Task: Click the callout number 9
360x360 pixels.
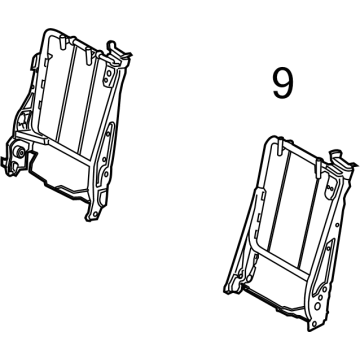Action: pos(283,84)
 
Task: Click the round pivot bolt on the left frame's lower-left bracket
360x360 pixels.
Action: pos(20,152)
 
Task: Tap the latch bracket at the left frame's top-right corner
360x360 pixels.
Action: pos(118,51)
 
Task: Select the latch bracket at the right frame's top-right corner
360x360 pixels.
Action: pos(342,161)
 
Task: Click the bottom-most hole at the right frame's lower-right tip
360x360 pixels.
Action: pos(314,323)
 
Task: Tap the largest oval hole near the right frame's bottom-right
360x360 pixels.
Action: pos(318,305)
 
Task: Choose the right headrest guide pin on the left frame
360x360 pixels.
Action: pos(88,55)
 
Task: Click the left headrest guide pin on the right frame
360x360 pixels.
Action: pos(280,147)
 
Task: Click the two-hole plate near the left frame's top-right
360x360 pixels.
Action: pos(107,76)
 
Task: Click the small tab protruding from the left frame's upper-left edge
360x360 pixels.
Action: pos(35,62)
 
